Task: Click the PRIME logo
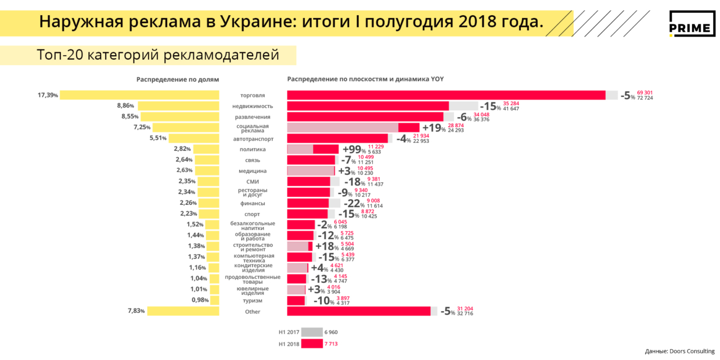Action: click(691, 24)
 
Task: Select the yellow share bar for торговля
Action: click(139, 95)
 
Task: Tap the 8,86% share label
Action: click(126, 106)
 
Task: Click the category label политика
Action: click(253, 149)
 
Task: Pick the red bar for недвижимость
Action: click(368, 106)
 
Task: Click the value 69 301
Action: click(645, 92)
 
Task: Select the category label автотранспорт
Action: click(253, 138)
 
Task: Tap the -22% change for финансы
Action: click(353, 203)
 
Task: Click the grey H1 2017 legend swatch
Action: click(312, 332)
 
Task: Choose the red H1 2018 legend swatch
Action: click(312, 344)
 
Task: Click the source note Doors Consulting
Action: click(679, 352)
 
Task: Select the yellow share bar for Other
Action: click(183, 311)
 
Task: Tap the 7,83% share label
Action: click(137, 311)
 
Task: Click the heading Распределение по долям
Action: click(178, 79)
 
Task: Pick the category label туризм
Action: click(253, 300)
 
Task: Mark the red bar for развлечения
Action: click(365, 116)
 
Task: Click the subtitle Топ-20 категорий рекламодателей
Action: click(158, 55)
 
